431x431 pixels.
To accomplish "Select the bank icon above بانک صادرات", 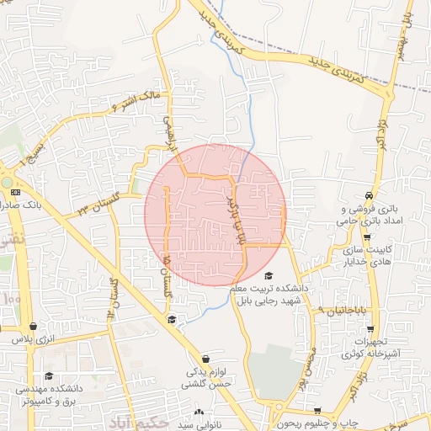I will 13,192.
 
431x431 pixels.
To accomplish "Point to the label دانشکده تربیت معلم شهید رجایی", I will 270,294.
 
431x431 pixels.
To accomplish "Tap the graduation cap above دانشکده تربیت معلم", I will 269,275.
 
